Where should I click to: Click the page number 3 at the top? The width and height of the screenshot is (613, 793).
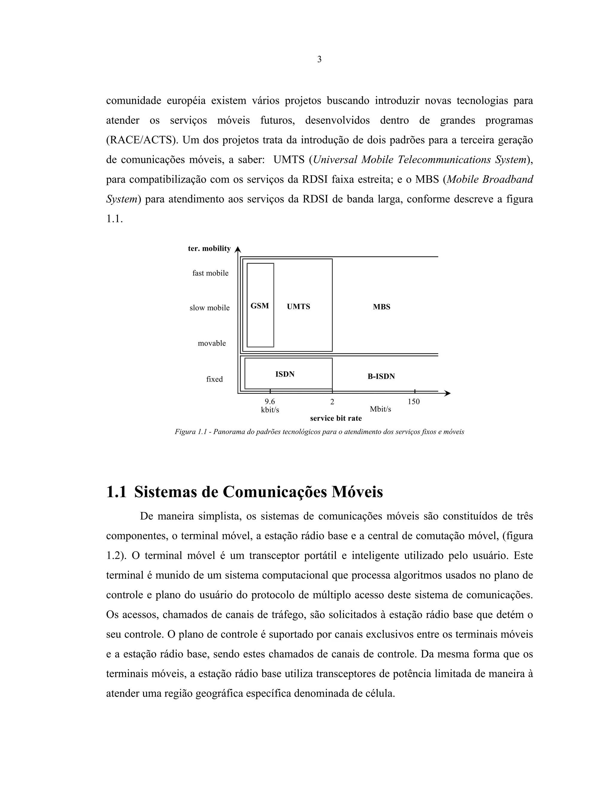click(x=319, y=60)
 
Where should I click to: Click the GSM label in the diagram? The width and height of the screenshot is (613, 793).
click(x=260, y=306)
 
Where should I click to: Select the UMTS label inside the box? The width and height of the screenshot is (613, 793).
click(x=298, y=306)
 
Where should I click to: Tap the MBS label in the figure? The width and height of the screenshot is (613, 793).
click(x=381, y=307)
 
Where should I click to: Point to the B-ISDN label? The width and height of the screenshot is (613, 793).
click(x=381, y=376)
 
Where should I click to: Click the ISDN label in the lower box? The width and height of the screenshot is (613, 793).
click(x=285, y=374)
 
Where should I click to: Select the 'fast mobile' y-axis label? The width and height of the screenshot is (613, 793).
click(x=210, y=273)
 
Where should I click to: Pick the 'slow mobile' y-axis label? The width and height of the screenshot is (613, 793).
click(x=210, y=308)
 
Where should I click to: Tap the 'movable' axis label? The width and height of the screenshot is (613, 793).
click(x=212, y=343)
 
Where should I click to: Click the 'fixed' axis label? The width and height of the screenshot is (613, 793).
click(x=214, y=379)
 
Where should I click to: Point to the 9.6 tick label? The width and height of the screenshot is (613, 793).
click(x=270, y=401)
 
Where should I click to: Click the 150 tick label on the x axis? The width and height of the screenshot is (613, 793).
click(x=414, y=401)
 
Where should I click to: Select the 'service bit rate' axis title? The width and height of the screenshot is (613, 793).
click(x=336, y=418)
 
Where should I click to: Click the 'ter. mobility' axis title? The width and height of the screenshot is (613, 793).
click(x=209, y=248)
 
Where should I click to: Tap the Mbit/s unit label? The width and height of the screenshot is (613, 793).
click(x=380, y=409)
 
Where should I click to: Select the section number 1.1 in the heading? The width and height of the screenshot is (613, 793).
click(x=116, y=492)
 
